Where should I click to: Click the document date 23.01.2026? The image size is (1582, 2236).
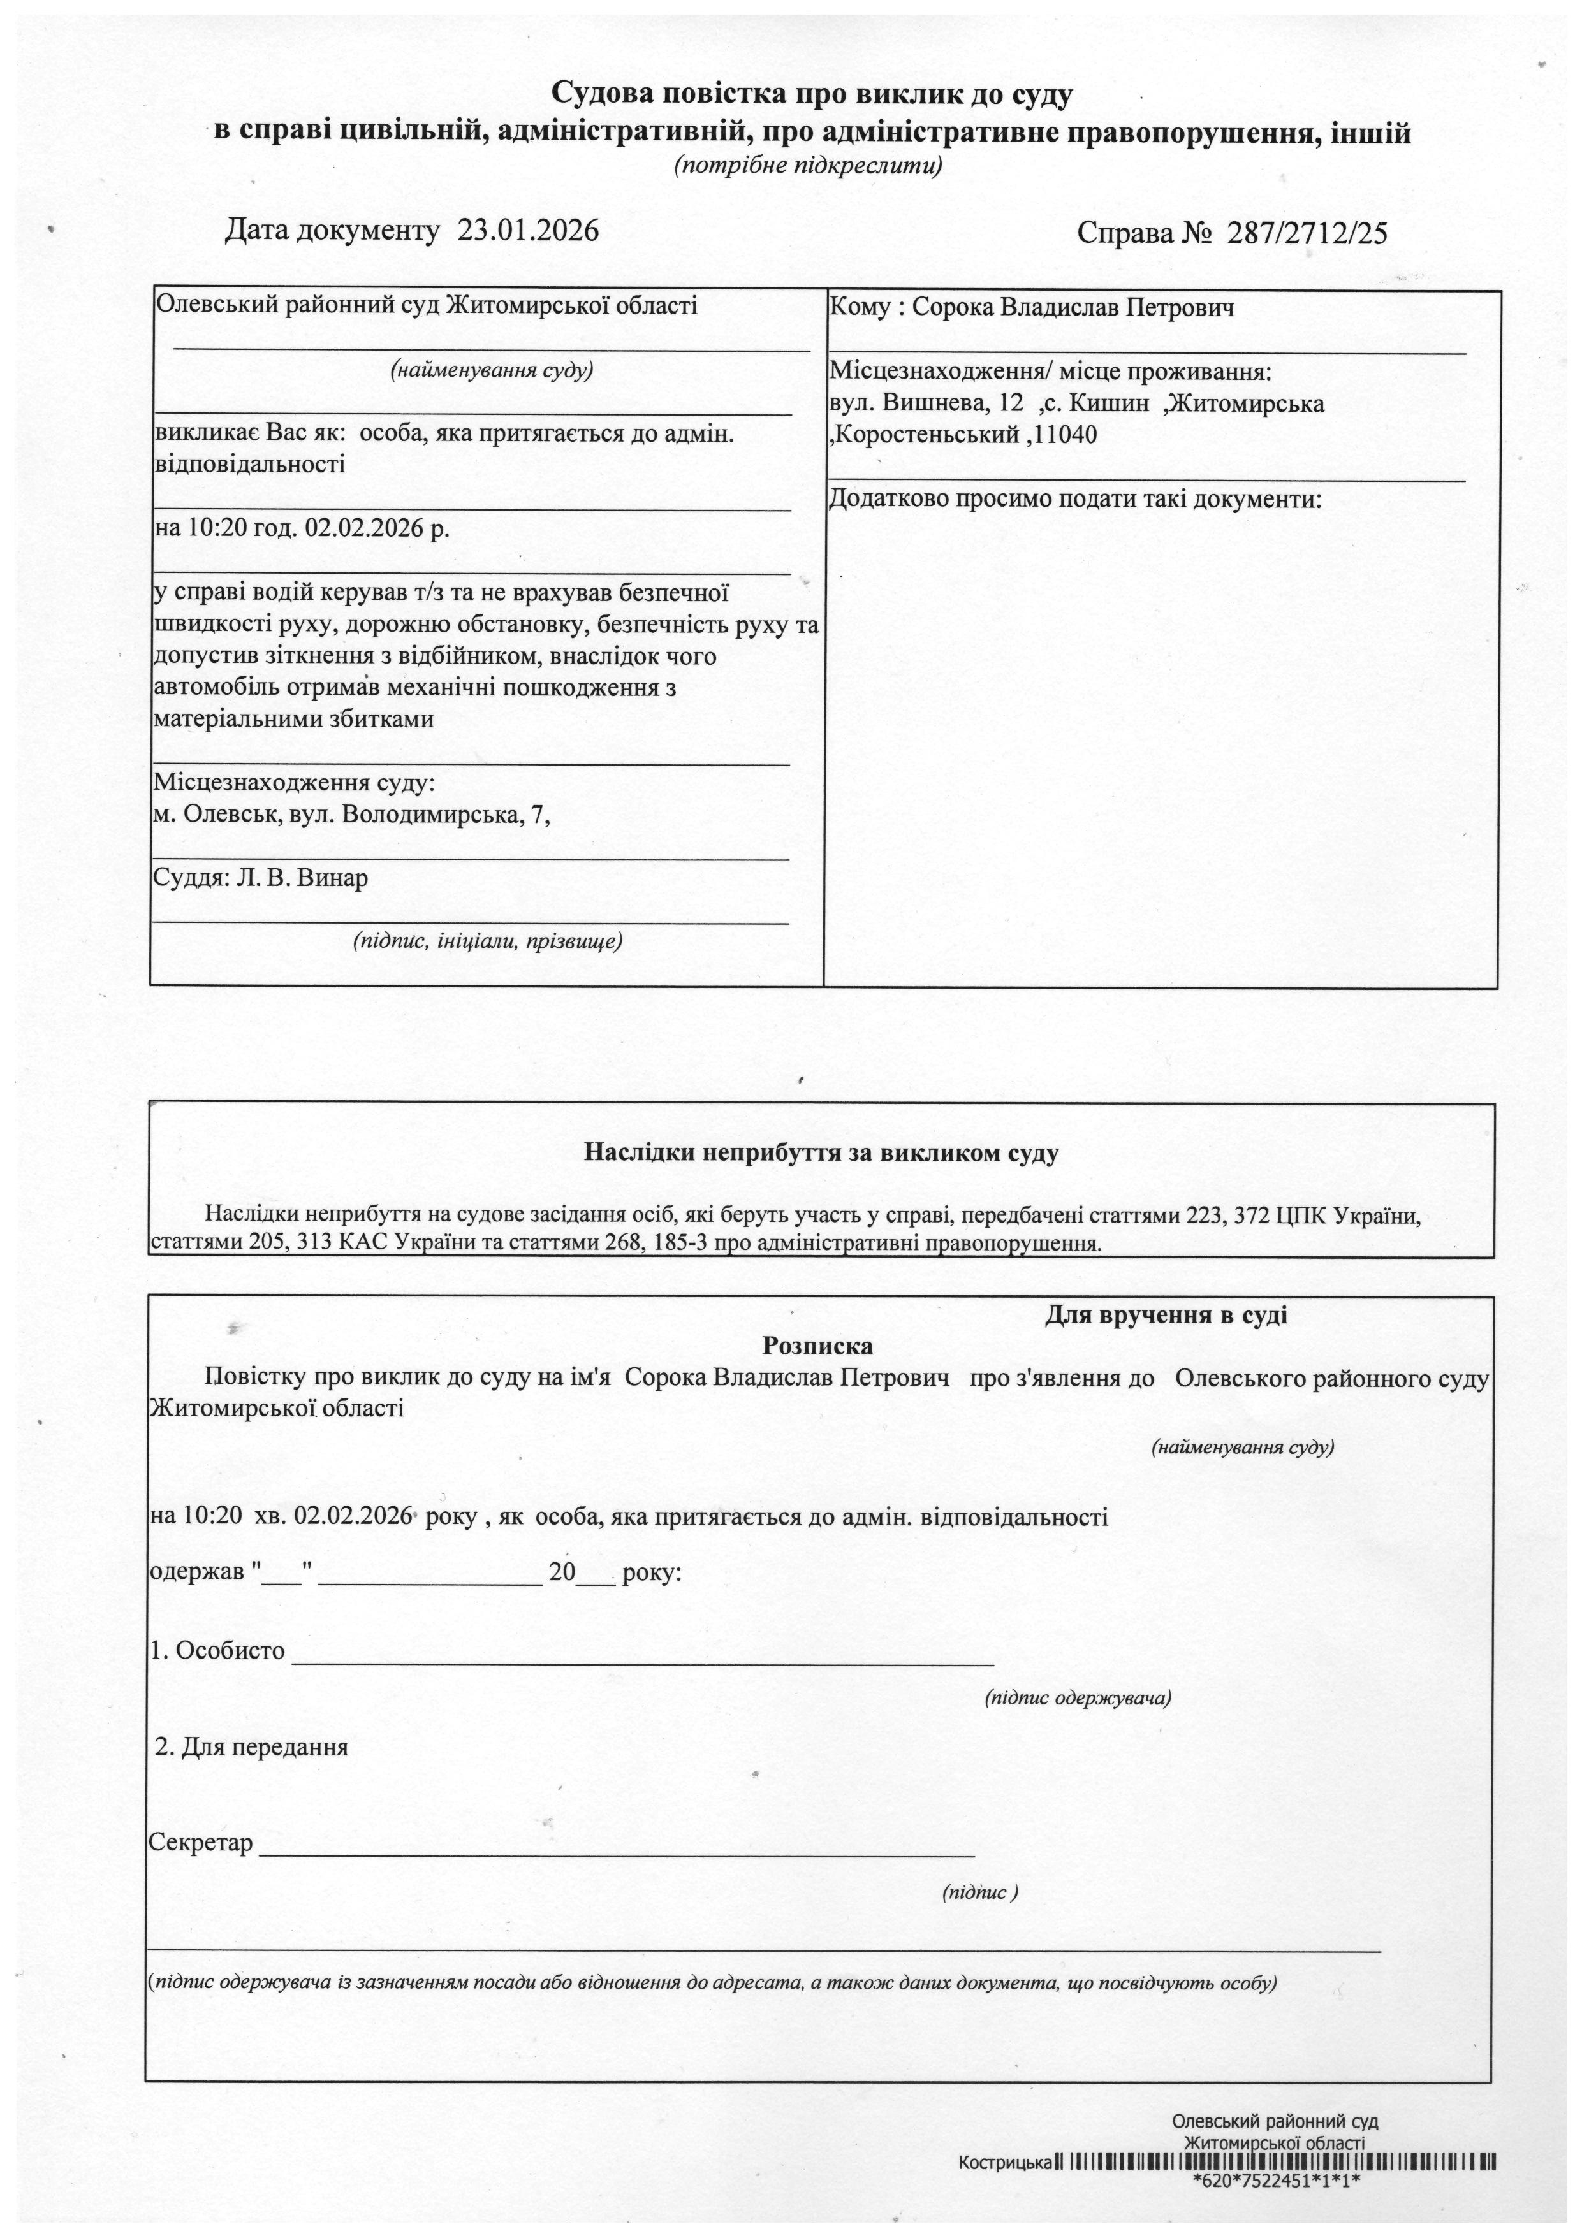(x=528, y=231)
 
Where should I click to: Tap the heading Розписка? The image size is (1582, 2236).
(x=817, y=1346)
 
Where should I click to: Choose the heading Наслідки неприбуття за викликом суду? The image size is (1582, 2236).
(x=821, y=1153)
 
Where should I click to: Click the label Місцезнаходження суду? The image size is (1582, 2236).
(x=293, y=783)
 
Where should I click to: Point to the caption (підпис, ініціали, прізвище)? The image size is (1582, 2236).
(x=487, y=941)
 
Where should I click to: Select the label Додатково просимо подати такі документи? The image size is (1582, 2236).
(x=1074, y=500)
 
